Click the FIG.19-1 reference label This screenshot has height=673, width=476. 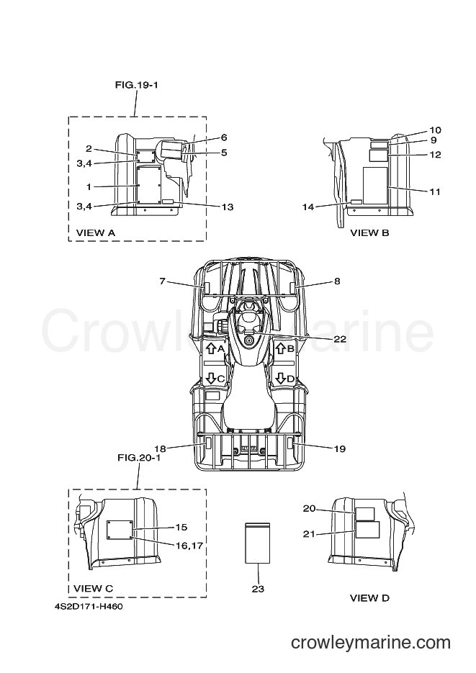point(137,85)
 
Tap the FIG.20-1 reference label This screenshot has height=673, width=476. point(139,458)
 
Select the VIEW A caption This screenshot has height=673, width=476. point(96,232)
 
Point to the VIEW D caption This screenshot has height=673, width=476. point(369,597)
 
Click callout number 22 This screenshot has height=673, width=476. point(339,338)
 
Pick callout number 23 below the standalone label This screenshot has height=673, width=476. point(258,589)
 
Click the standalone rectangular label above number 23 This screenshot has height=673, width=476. point(258,543)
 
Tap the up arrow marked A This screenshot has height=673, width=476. point(211,348)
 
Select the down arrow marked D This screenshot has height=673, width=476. point(281,378)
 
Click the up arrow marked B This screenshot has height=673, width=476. point(281,348)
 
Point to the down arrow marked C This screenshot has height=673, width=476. point(211,378)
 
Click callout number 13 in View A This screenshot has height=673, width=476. point(227,207)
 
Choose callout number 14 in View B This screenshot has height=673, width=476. point(308,207)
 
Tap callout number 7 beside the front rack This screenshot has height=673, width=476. point(162,281)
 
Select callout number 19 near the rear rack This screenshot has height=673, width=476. point(339,448)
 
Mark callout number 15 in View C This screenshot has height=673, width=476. point(181,527)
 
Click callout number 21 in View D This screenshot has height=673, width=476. point(309,534)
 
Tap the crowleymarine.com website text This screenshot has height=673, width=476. point(371,643)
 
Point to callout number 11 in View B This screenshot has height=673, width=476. point(435,191)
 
